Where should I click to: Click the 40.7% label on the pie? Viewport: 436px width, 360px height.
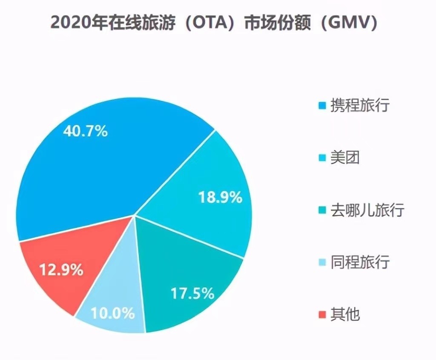[85, 131]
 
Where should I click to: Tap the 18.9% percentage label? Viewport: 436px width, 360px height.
[220, 197]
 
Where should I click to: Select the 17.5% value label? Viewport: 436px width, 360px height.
[192, 293]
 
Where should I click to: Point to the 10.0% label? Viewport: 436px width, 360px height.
[113, 314]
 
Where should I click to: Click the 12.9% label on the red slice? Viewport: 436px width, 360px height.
[61, 270]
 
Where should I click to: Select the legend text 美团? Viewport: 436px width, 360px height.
[345, 158]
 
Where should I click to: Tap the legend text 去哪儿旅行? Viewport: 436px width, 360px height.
[367, 210]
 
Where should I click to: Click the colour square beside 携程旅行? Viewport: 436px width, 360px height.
[323, 105]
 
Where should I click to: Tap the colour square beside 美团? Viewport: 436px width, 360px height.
[323, 158]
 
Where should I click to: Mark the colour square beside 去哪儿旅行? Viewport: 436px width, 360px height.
[323, 210]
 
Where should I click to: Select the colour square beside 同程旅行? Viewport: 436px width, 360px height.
[323, 263]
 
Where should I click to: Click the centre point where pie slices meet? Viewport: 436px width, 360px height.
[135, 215]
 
